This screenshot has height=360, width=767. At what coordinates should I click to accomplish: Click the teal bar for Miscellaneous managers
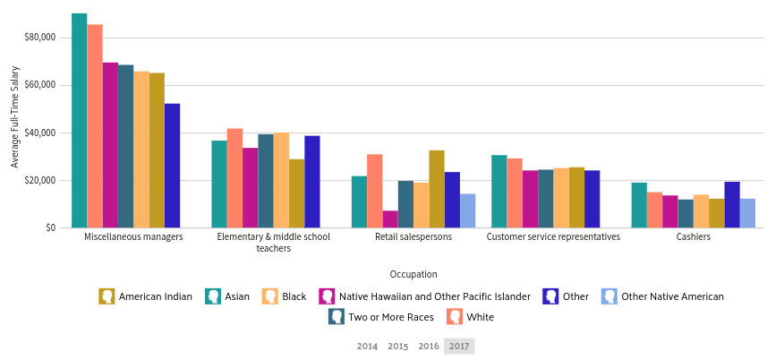coord(79,120)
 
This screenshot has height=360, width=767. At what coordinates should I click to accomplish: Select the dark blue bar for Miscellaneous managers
coord(173,166)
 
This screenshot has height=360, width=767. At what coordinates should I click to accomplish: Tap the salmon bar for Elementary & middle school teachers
coord(234,178)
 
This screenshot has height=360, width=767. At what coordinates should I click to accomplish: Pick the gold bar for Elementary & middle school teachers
coord(296,193)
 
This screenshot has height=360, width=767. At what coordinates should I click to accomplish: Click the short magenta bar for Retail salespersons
coord(390,219)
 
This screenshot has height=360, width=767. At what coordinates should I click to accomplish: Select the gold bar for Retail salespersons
coord(437,189)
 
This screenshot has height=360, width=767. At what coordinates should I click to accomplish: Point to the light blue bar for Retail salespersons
coord(468,211)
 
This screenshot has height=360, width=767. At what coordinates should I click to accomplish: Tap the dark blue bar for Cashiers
coord(732,205)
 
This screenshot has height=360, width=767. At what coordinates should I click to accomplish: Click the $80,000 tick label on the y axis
coord(41,38)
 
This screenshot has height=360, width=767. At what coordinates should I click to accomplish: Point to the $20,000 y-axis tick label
coord(41,181)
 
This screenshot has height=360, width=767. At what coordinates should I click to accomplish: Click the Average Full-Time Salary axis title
coord(14,116)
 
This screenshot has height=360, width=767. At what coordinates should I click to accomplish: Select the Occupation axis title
coord(413,274)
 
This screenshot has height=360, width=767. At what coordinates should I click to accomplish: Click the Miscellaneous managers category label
coord(133,238)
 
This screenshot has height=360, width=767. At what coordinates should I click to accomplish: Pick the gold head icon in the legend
coord(107,296)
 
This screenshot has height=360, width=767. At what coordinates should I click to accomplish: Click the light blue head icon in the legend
coord(609,296)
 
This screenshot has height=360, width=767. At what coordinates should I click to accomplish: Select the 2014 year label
coord(367,347)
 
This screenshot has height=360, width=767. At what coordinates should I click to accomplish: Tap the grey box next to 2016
coord(459,347)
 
